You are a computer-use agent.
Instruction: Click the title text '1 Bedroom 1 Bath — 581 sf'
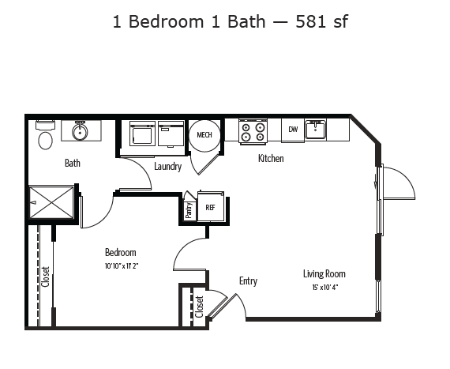pyautogui.click(x=230, y=21)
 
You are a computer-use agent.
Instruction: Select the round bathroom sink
pyautogui.click(x=80, y=131)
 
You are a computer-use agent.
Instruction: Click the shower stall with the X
pyautogui.click(x=52, y=201)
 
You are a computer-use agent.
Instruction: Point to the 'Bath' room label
pyautogui.click(x=73, y=164)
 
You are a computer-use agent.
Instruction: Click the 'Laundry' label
pyautogui.click(x=168, y=167)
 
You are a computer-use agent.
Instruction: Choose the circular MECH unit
pyautogui.click(x=204, y=134)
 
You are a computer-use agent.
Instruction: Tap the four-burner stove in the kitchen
pyautogui.click(x=253, y=131)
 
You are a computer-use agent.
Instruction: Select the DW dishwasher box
pyautogui.click(x=292, y=130)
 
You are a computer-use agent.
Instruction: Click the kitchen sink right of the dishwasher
pyautogui.click(x=317, y=129)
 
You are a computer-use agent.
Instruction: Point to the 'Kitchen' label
pyautogui.click(x=271, y=158)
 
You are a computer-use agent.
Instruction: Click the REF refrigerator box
pyautogui.click(x=211, y=208)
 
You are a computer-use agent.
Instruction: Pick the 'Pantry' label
pyautogui.click(x=189, y=209)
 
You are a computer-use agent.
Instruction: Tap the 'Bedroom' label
pyautogui.click(x=120, y=253)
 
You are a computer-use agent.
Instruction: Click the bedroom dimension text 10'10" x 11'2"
pyautogui.click(x=120, y=265)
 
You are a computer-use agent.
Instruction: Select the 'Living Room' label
pyautogui.click(x=324, y=274)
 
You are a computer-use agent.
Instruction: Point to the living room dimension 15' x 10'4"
pyautogui.click(x=324, y=287)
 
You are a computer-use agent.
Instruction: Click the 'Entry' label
pyautogui.click(x=248, y=281)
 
